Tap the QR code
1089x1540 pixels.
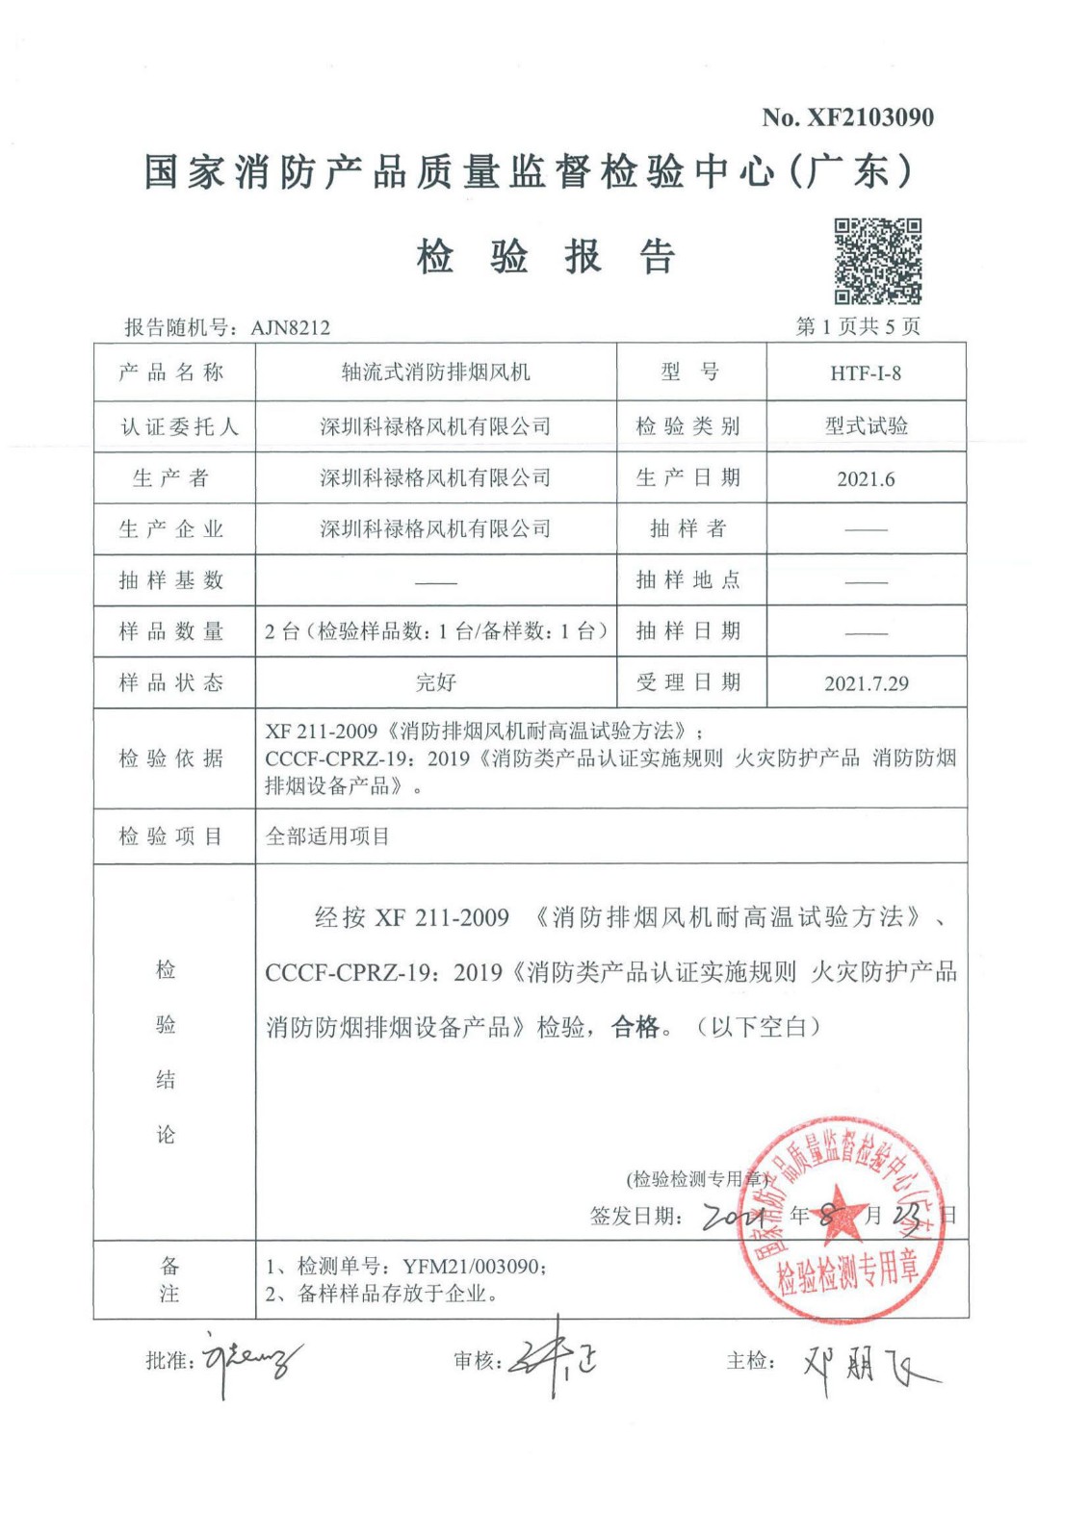(x=877, y=261)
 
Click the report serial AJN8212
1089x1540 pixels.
(x=290, y=327)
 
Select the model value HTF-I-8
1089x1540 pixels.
(x=866, y=373)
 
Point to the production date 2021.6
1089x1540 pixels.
(x=866, y=478)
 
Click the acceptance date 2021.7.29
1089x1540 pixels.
(x=866, y=683)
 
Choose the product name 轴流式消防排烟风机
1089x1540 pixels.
(x=435, y=372)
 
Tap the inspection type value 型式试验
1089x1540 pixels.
(x=866, y=426)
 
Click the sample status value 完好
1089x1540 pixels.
(x=435, y=682)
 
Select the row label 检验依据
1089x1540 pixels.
(x=171, y=758)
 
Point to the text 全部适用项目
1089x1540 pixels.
(x=327, y=836)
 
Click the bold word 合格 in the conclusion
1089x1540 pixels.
(x=635, y=1027)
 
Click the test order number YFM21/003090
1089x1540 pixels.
(x=473, y=1267)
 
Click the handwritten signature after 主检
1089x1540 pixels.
(x=867, y=1363)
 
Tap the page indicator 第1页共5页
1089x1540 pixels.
(x=857, y=327)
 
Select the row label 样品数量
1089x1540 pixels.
(x=171, y=631)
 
